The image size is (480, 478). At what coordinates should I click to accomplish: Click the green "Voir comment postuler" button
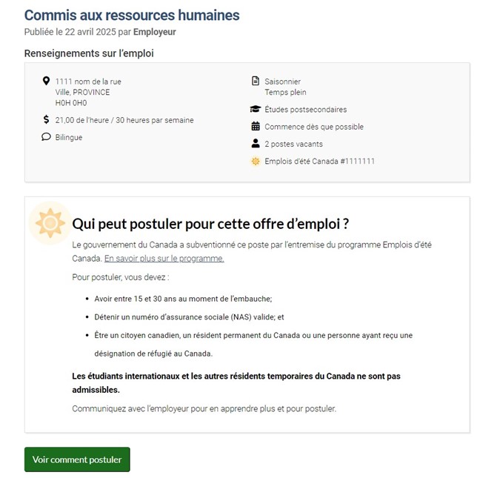pos(77,459)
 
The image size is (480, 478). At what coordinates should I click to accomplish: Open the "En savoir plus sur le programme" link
pos(164,259)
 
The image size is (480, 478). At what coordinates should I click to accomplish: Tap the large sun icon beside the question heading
pos(50,222)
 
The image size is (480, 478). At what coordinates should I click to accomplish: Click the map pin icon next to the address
pos(46,81)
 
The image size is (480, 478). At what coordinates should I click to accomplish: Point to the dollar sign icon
pos(46,119)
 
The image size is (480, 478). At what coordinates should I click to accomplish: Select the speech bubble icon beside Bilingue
pos(46,137)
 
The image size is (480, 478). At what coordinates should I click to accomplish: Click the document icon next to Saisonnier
pos(256,81)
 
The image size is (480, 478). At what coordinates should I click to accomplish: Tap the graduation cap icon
pos(256,110)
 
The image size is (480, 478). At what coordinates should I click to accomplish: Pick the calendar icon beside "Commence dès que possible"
pos(256,127)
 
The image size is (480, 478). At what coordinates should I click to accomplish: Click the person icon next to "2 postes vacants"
pos(256,144)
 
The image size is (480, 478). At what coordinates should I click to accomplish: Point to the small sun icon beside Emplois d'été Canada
pos(256,161)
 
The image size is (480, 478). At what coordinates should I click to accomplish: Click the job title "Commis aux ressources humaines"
pos(132,15)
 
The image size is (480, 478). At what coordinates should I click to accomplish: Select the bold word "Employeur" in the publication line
pos(154,32)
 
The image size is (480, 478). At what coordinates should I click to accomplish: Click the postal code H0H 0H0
pos(71,102)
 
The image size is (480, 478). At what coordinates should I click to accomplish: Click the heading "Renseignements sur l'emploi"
pos(89,53)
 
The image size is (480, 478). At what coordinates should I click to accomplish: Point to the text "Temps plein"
pos(284,92)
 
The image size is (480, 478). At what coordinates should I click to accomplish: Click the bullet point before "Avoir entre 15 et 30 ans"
pos(88,299)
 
